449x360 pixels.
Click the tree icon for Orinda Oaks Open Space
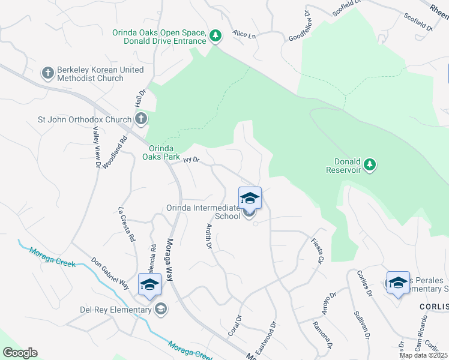[215, 37]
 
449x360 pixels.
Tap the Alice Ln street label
[244, 35]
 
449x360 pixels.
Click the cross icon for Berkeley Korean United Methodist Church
[48, 74]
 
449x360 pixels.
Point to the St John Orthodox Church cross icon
[141, 119]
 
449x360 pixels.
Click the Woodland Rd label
[115, 150]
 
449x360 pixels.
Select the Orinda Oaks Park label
[161, 152]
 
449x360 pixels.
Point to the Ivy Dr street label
[191, 160]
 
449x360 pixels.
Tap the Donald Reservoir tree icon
[370, 164]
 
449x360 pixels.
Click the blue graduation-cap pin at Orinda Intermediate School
[250, 197]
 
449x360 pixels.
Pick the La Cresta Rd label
[126, 224]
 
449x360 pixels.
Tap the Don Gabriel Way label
[110, 274]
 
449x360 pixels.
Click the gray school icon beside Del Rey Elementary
[160, 309]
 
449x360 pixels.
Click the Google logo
[20, 353]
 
